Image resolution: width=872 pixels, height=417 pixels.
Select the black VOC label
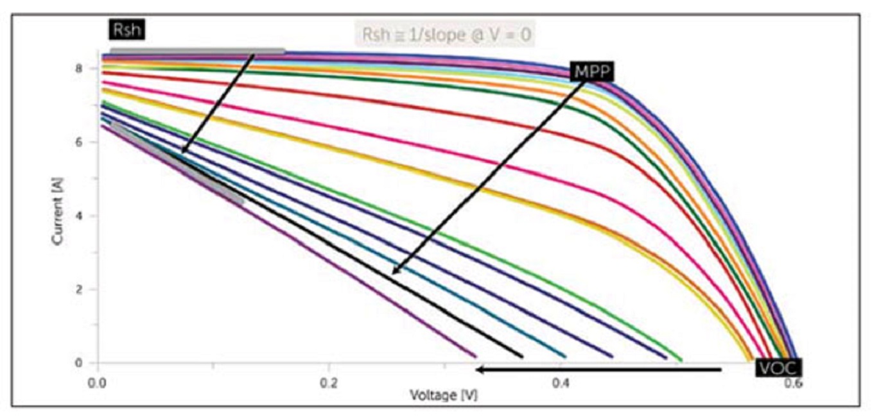point(778,368)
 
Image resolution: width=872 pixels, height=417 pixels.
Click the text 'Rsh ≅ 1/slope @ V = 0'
point(446,35)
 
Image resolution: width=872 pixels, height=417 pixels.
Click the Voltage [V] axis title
point(444,396)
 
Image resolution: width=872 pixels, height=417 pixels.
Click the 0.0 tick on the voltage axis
point(98,384)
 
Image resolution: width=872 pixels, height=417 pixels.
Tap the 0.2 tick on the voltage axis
point(329,384)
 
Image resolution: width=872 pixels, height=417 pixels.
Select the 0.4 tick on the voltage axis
point(561,384)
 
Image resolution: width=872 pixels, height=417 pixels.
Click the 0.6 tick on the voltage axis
point(792,384)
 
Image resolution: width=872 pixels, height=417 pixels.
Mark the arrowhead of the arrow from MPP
point(394,272)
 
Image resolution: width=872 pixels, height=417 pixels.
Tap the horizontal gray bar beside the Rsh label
point(197,51)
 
